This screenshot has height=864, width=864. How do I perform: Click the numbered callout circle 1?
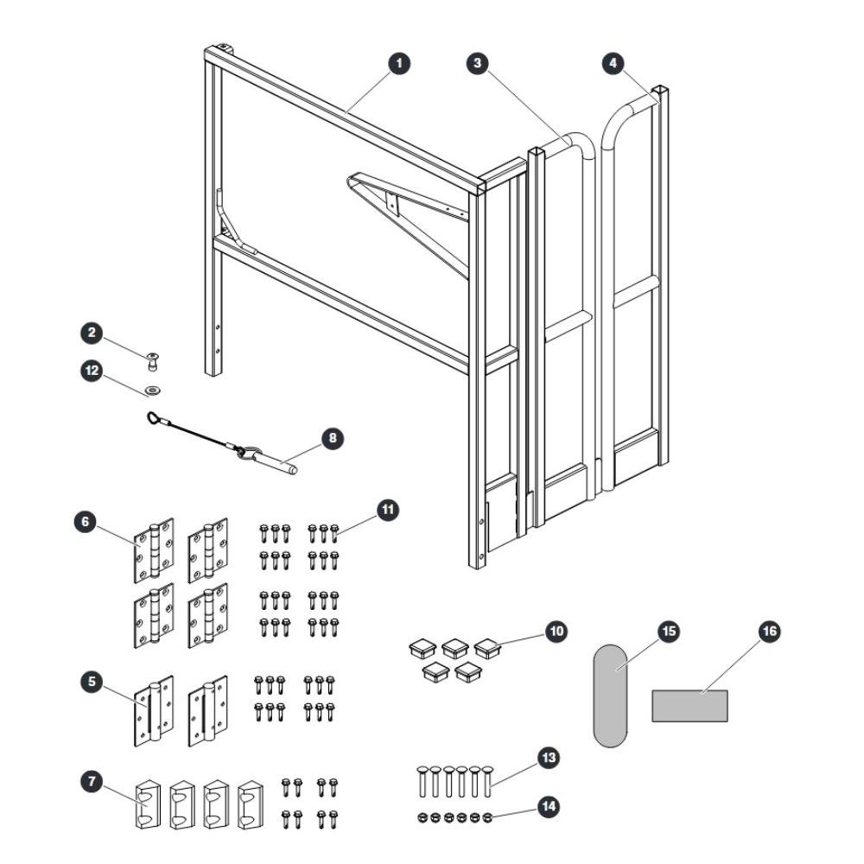tap(399, 63)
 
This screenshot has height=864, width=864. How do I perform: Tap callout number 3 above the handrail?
tap(477, 63)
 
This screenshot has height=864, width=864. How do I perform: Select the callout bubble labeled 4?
tap(613, 63)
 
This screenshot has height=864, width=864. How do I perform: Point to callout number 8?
tap(333, 439)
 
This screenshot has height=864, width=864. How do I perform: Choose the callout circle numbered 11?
tap(388, 509)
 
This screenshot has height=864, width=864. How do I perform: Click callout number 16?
tap(769, 631)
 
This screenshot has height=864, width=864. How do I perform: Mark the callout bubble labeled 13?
tap(549, 758)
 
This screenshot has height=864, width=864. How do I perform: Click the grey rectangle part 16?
tap(689, 706)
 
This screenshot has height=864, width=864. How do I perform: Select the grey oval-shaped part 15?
tap(610, 696)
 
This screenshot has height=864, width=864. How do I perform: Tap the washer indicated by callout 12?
tap(153, 391)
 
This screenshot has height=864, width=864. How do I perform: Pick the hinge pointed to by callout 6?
tap(155, 550)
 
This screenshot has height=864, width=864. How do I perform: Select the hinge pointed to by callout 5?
tap(154, 711)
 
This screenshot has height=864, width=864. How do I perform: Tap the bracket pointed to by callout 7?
tap(147, 804)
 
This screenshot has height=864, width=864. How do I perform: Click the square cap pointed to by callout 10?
tap(487, 648)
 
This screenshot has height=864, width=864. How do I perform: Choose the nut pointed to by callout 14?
tap(487, 817)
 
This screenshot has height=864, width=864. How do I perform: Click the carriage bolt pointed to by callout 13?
tap(487, 781)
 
